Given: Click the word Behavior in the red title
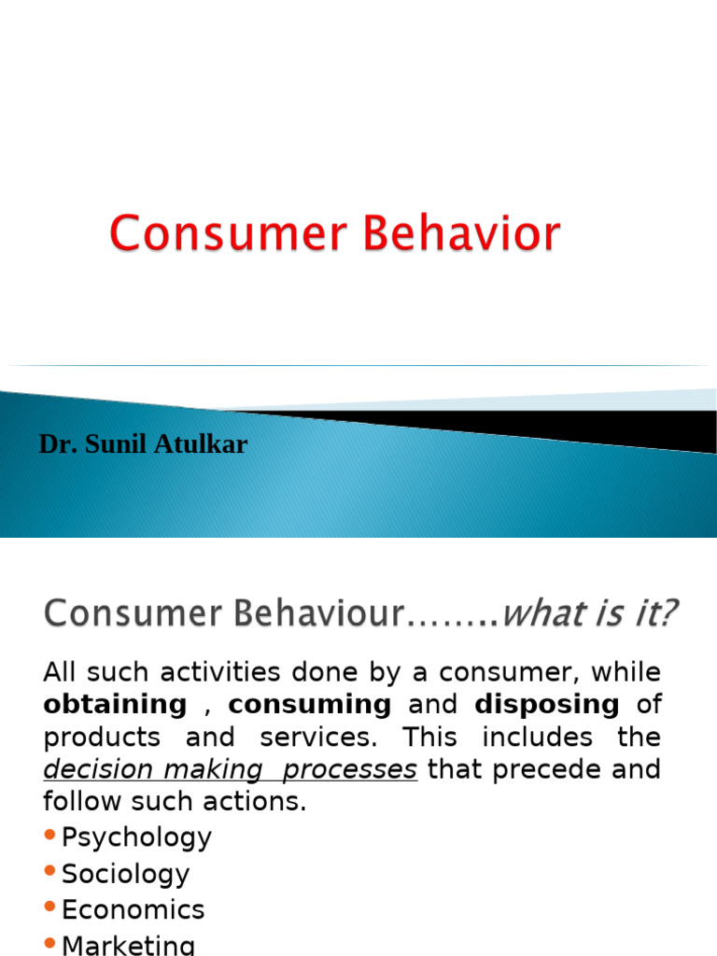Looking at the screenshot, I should (x=462, y=233).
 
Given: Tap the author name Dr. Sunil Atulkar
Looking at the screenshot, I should (x=143, y=444).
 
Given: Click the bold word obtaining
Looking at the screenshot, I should (x=115, y=704).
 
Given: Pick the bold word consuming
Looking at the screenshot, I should (x=310, y=704).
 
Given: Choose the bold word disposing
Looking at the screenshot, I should (x=547, y=704).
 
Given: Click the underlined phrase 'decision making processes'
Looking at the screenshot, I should (x=230, y=769).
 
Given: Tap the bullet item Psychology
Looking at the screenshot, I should (x=136, y=837).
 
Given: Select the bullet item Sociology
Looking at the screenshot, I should (x=125, y=874).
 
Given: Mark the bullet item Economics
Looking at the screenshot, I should (x=133, y=909).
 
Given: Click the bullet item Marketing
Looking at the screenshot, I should (x=129, y=945).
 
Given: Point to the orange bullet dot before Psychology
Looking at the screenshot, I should (x=49, y=836).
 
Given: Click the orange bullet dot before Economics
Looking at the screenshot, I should (x=49, y=907).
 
